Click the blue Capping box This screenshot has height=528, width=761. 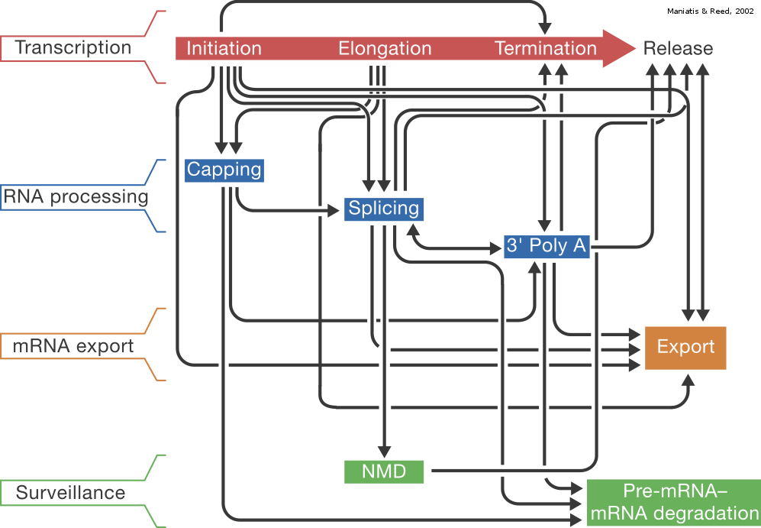pos(224,170)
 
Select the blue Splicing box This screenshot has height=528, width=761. pos(384,209)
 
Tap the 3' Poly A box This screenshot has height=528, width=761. pos(547,246)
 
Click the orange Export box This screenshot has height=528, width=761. pos(685,348)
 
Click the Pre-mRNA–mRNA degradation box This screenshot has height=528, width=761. pos(674,502)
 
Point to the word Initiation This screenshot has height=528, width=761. pos(224,49)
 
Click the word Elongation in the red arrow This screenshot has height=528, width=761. pos(385,49)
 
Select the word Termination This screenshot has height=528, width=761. pos(546,49)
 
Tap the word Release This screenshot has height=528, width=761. pos(678,49)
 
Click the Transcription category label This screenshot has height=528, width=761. pos(73,47)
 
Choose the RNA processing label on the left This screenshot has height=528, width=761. pos(75,196)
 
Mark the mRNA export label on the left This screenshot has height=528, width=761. pos(73,346)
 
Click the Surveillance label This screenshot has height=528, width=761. pos(70,493)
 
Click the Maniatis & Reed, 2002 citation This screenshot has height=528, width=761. pos(709,11)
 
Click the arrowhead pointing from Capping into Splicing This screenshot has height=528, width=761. pos(333,209)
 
